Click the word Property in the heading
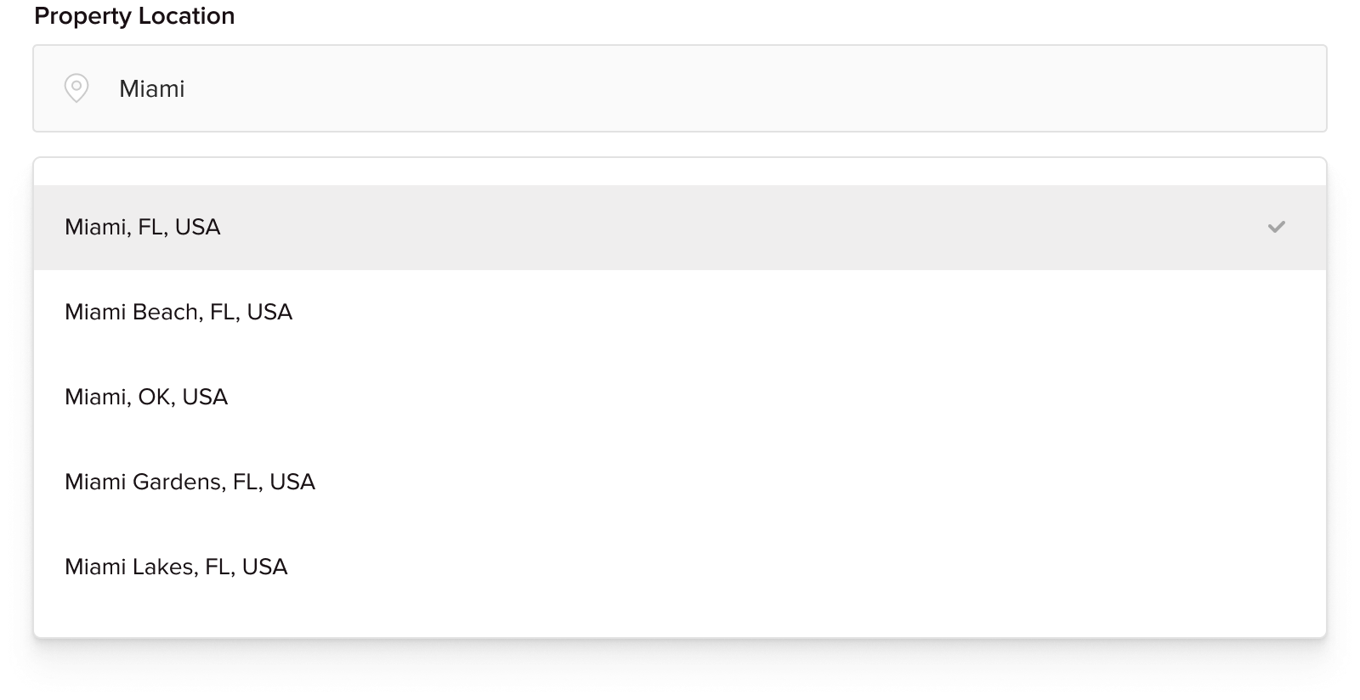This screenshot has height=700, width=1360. click(83, 16)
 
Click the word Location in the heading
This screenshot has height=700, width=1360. click(186, 16)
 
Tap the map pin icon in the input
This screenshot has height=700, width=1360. click(76, 88)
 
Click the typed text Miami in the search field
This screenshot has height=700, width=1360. click(152, 88)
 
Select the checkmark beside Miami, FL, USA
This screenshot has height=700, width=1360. click(1276, 227)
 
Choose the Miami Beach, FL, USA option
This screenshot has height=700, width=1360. click(178, 312)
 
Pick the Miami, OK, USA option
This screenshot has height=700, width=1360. click(146, 397)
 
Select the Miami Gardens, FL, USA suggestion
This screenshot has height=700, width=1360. click(190, 482)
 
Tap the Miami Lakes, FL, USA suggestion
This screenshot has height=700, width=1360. click(176, 567)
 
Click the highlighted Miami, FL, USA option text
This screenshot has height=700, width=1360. click(143, 227)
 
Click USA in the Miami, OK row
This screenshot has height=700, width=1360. click(205, 397)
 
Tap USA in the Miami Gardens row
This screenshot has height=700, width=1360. click(292, 482)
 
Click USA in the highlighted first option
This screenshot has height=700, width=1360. click(197, 227)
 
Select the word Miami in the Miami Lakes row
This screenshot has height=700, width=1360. click(96, 567)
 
